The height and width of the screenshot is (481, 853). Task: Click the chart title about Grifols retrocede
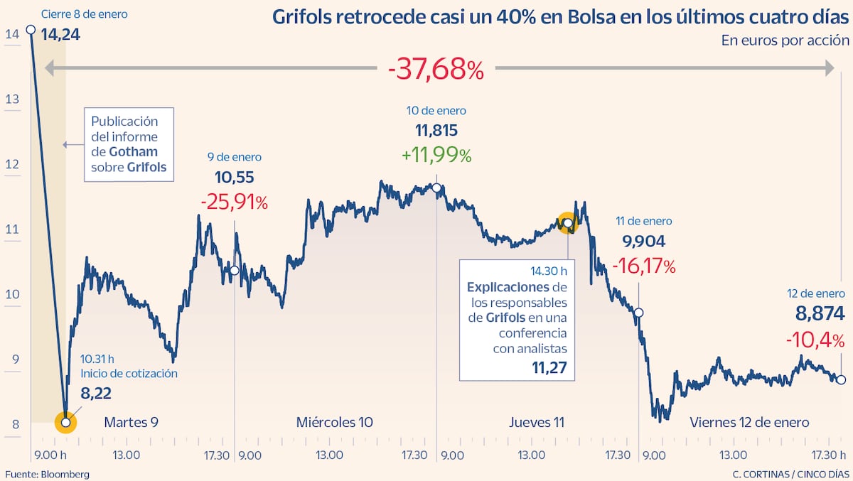point(561,17)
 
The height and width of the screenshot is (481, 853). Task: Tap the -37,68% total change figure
point(436,69)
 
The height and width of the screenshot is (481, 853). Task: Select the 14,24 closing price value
point(60,33)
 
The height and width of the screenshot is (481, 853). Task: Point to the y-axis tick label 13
point(11,99)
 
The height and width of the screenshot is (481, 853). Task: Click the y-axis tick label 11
point(11,229)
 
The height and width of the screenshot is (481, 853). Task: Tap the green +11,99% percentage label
point(436,155)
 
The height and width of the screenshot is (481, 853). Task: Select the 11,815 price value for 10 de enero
point(436,131)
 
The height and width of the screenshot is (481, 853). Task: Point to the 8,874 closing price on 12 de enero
point(819,313)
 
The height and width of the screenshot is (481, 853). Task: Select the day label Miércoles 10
point(334,423)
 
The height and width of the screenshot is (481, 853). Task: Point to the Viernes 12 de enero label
point(749,423)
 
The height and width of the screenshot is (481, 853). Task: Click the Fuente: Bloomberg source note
point(47,474)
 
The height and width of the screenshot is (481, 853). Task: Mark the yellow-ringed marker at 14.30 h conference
point(567,224)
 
